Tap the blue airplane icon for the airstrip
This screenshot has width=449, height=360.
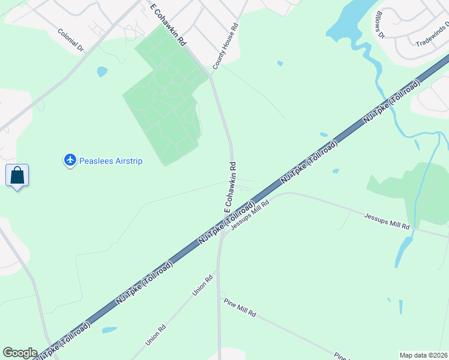[x=70, y=160]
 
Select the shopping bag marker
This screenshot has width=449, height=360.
[x=17, y=176]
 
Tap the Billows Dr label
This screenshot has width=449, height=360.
[x=379, y=25]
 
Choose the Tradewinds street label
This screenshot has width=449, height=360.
[x=432, y=36]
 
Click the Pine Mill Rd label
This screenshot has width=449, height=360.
[x=240, y=306]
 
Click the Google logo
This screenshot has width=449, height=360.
[x=20, y=353]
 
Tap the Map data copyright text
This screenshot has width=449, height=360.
[x=424, y=355]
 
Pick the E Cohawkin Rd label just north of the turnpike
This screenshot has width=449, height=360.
[x=231, y=186]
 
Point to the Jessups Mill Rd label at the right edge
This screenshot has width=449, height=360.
[x=387, y=220]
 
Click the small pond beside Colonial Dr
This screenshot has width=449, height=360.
[x=102, y=71]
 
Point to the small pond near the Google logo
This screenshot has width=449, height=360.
[x=109, y=329]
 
